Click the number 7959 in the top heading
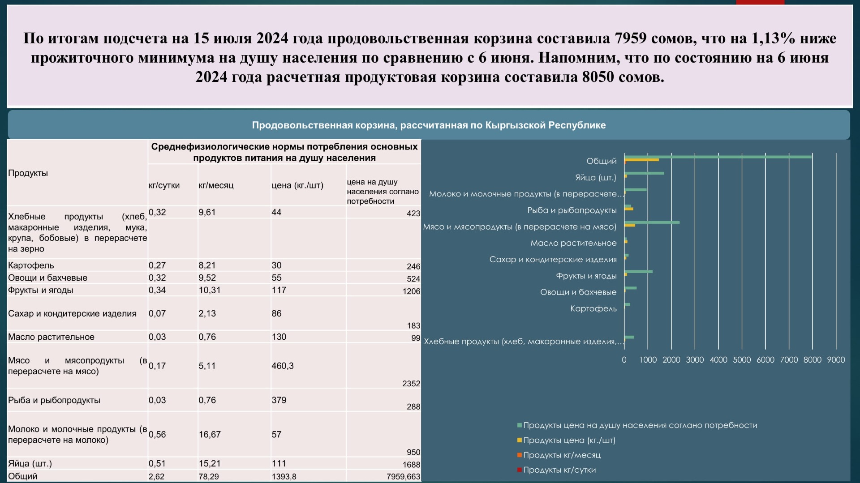point(630,38)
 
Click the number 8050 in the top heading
point(598,77)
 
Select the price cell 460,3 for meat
point(283,366)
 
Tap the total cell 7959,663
point(403,477)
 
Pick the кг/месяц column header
point(216,185)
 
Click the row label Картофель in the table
point(31,265)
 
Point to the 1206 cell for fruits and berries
point(411,291)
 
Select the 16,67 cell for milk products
point(210,435)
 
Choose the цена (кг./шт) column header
point(297,185)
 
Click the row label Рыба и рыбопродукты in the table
point(54,400)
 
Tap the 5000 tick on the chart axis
point(742,360)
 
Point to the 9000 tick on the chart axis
point(836,360)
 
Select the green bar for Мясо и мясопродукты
point(652,222)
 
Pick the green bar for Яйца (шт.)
point(644,173)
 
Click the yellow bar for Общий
point(641,160)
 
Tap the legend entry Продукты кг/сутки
point(559,470)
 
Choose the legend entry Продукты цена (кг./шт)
point(569,440)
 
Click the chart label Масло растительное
point(573,243)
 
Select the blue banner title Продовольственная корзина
point(429,125)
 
